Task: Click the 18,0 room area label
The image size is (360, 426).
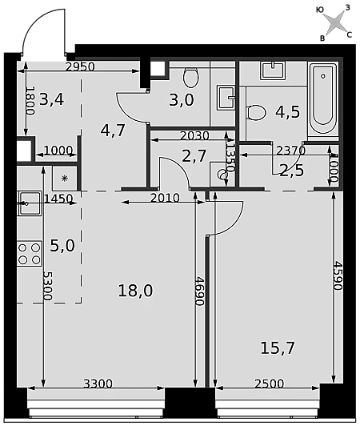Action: (x=135, y=291)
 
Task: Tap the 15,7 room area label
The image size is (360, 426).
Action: (x=278, y=348)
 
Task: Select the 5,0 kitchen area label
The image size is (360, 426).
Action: (x=62, y=246)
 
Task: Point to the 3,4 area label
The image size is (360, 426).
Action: (x=51, y=99)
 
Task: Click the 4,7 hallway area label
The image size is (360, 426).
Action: (x=113, y=131)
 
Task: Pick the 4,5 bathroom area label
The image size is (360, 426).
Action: (x=287, y=112)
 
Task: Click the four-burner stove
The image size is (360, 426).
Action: (x=30, y=254)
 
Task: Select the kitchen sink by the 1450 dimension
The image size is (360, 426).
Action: (x=30, y=203)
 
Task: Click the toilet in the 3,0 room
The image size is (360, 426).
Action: (x=191, y=77)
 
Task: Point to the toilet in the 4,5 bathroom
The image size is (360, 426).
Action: (x=256, y=113)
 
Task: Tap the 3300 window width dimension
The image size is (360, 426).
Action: (x=98, y=384)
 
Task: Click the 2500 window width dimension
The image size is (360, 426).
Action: (x=270, y=384)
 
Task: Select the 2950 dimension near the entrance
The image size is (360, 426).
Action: (x=80, y=66)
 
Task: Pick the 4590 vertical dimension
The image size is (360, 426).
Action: (x=338, y=275)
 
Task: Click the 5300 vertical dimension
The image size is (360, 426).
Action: (x=48, y=286)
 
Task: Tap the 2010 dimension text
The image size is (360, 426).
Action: (x=165, y=198)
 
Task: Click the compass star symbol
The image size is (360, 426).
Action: (x=337, y=22)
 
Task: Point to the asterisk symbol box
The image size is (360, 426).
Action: (x=65, y=179)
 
